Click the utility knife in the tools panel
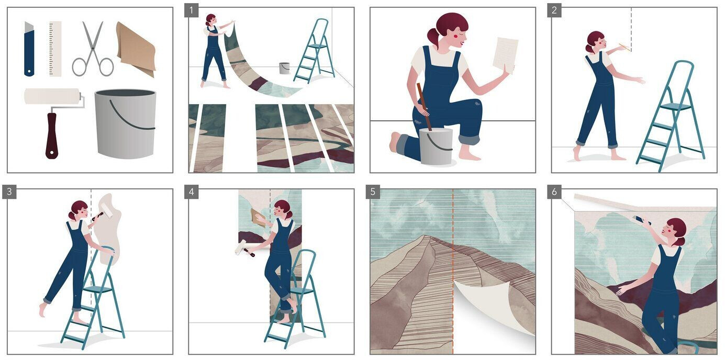tap(29, 49)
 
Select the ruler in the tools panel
tap(55, 49)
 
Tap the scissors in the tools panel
tap(93, 49)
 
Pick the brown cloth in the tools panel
tap(136, 49)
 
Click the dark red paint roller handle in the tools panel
tap(52, 136)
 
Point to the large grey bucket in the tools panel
tap(125, 124)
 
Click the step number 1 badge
tap(191, 10)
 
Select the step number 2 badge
tap(554, 10)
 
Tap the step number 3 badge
tap(9, 192)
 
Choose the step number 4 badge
tap(191, 192)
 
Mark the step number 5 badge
tap(373, 192)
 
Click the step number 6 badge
tap(554, 192)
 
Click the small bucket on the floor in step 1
tap(284, 68)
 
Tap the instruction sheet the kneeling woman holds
tap(505, 55)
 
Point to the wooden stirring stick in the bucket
tap(423, 107)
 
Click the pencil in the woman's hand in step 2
tap(624, 48)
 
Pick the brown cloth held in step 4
tap(258, 217)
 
